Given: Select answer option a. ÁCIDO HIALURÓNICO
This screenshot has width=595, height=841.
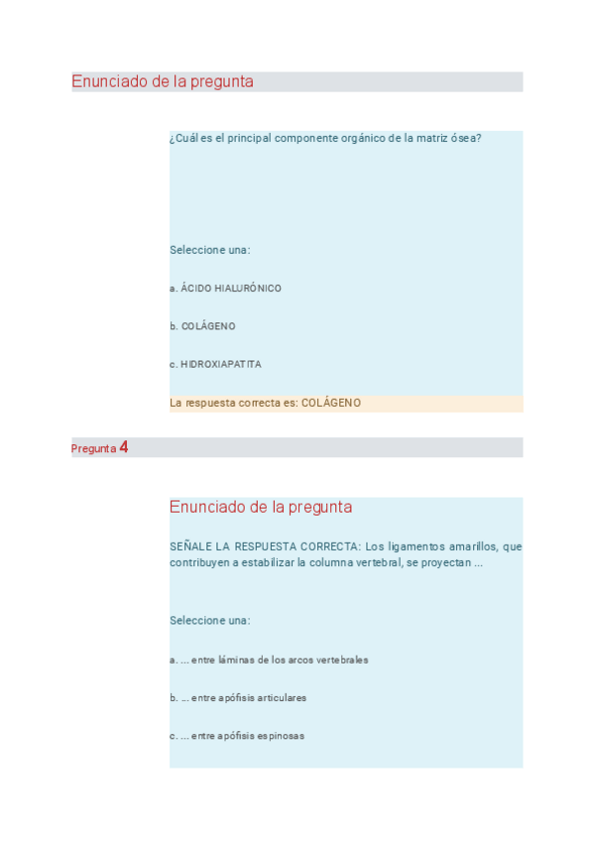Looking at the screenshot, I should (x=225, y=289).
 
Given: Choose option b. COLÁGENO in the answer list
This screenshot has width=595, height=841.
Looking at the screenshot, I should (x=202, y=326).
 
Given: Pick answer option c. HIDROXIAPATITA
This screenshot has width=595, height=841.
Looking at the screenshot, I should (x=215, y=364).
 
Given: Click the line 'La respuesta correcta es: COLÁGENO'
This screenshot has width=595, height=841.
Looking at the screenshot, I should (x=265, y=403).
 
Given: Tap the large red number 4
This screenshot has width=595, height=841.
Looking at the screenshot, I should (x=124, y=447).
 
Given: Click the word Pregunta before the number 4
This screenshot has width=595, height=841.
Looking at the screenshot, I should (x=93, y=448).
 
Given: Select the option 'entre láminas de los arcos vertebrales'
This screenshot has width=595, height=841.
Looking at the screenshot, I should (x=269, y=660).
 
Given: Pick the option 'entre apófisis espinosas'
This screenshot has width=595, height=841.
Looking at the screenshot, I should (x=237, y=736).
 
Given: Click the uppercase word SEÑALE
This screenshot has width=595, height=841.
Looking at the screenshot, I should (x=189, y=546).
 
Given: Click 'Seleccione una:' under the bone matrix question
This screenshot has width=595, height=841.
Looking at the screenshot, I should (x=209, y=250).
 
